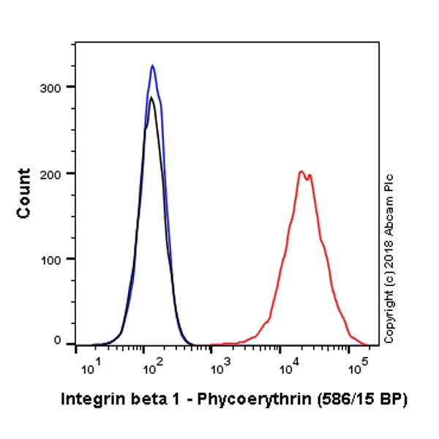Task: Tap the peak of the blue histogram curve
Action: (152, 66)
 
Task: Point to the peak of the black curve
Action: (151, 97)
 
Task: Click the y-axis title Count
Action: (24, 193)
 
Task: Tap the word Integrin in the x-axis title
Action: (86, 399)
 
